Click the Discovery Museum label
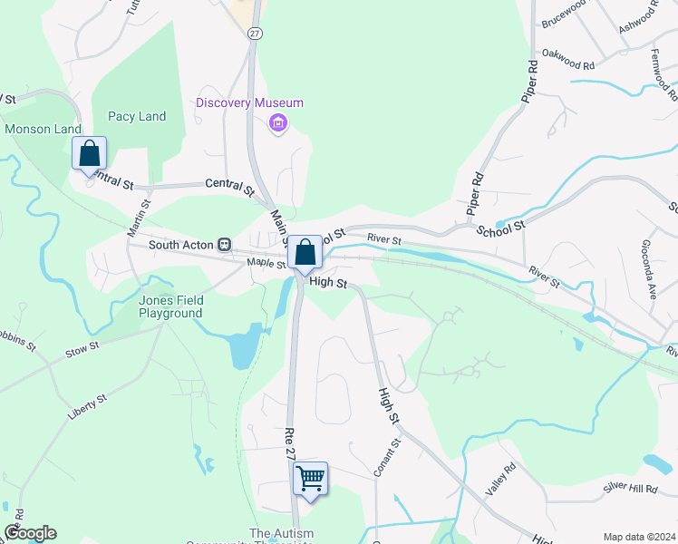(x=249, y=102)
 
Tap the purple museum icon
(x=278, y=123)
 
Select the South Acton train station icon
(x=223, y=245)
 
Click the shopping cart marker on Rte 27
(x=310, y=478)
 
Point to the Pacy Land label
(x=137, y=116)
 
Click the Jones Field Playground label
(x=170, y=306)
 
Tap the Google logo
(x=30, y=533)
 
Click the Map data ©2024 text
(x=639, y=537)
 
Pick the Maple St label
(x=267, y=265)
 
